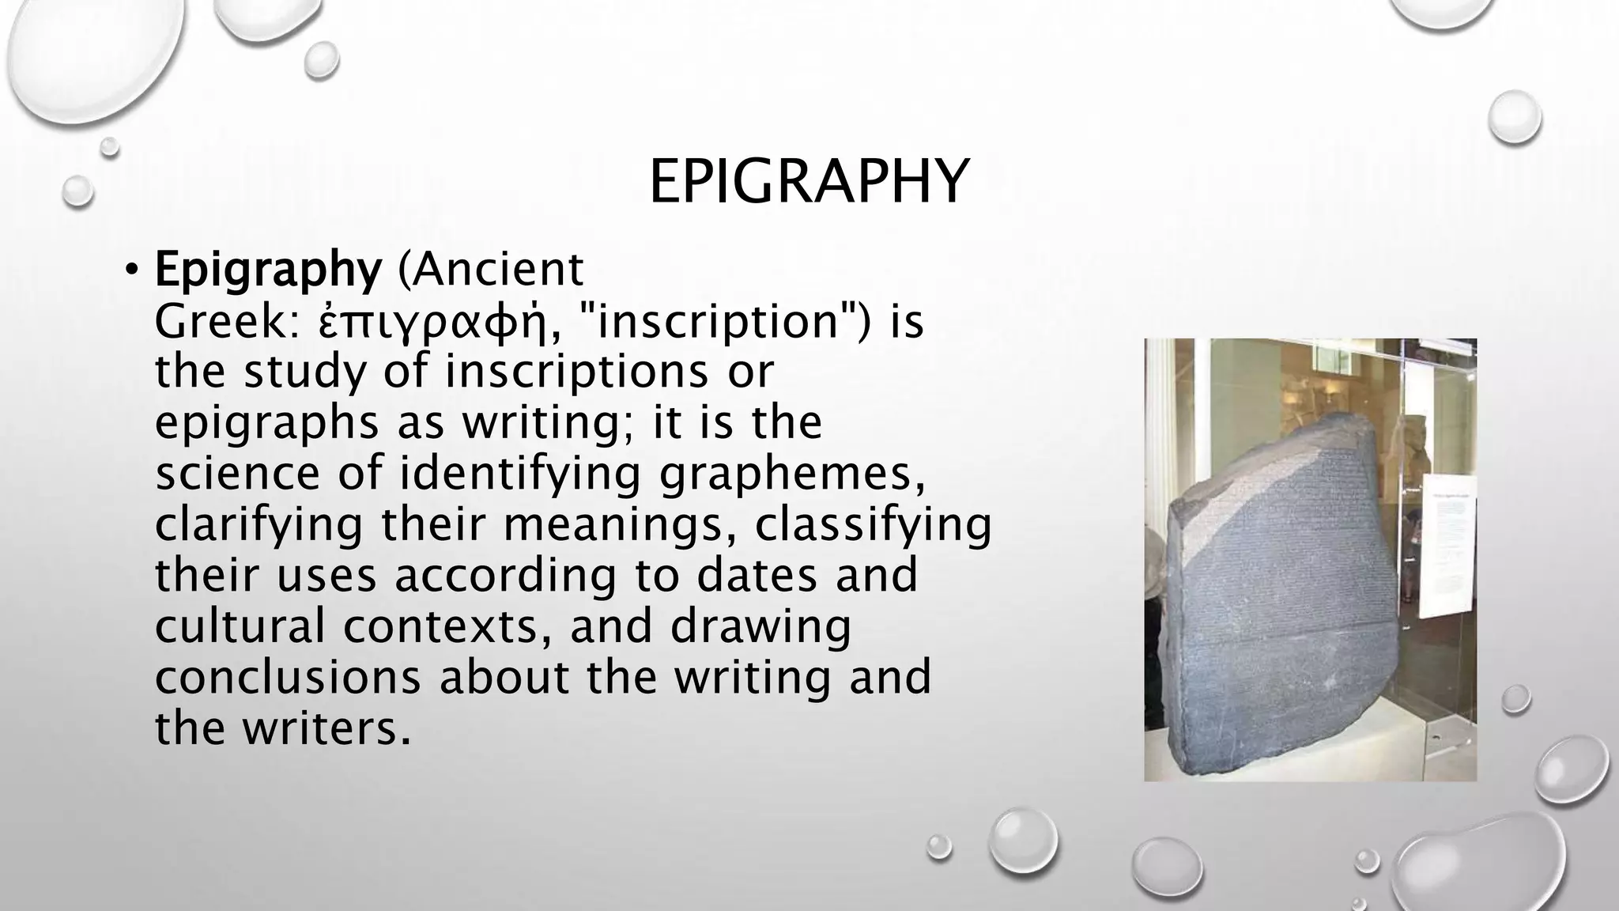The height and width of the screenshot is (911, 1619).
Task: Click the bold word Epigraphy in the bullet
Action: click(268, 270)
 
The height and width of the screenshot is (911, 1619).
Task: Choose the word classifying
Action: click(873, 524)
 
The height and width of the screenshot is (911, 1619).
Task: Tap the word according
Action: click(505, 576)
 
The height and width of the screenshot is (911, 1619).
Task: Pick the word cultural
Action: click(240, 626)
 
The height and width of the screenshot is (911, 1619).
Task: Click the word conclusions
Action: click(288, 677)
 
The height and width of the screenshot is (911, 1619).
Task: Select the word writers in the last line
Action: click(326, 728)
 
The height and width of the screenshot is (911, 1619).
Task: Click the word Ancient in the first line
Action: click(490, 270)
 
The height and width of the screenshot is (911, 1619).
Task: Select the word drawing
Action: click(760, 626)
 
